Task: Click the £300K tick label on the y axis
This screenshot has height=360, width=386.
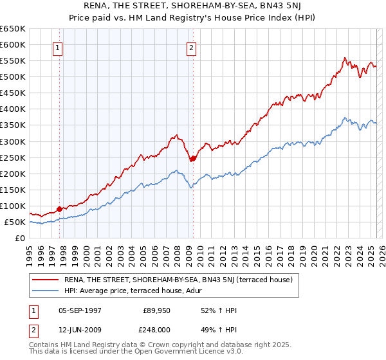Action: click(x=13, y=141)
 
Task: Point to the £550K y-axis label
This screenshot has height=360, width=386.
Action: click(x=13, y=61)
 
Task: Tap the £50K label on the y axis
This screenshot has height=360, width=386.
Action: click(x=15, y=222)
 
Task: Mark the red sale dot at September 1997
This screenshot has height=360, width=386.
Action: click(x=59, y=209)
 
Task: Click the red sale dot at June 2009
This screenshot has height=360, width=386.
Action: click(x=193, y=158)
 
